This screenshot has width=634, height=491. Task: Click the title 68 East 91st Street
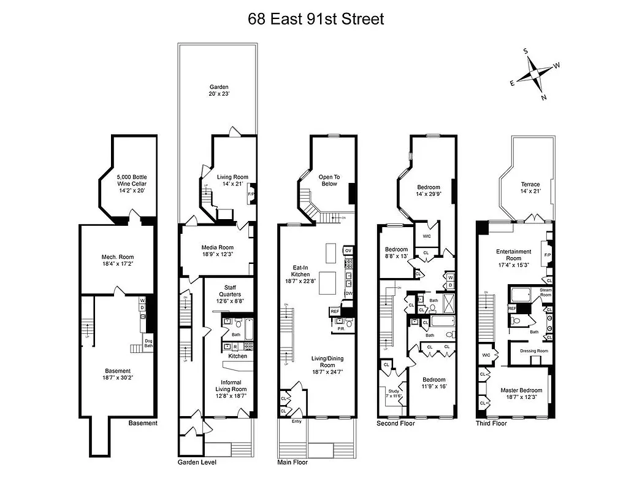(x=316, y=18)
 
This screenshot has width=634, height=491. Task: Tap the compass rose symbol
(x=535, y=75)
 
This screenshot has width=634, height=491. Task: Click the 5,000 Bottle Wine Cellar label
(x=132, y=183)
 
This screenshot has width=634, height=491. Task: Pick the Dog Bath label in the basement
(x=148, y=343)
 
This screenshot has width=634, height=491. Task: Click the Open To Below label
(x=329, y=180)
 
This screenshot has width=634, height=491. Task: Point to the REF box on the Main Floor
(x=335, y=312)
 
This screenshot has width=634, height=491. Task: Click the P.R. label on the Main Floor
(x=342, y=329)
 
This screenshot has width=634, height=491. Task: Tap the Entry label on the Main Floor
(x=297, y=421)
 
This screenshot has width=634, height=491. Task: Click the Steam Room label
(x=545, y=292)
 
